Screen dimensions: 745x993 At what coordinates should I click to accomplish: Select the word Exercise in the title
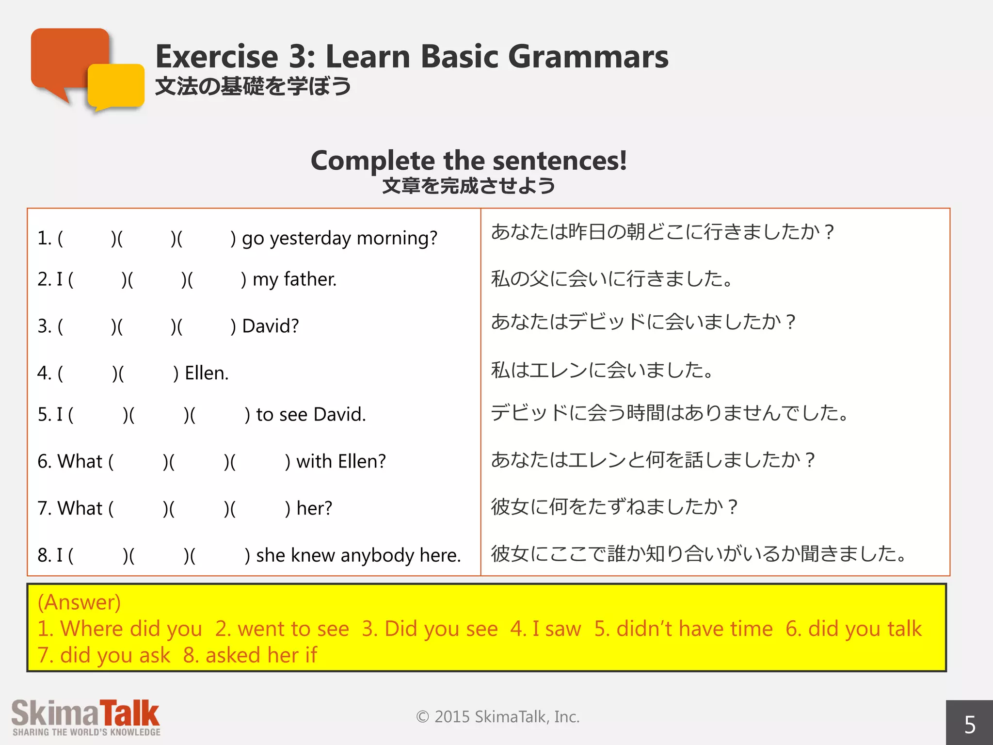tap(216, 57)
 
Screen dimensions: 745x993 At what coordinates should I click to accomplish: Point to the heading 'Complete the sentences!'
tap(468, 161)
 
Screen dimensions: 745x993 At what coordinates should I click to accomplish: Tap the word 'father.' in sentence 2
tap(310, 279)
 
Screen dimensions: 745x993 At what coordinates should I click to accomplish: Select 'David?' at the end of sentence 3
tap(270, 326)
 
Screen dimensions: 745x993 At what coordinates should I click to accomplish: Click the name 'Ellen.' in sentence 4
tap(207, 373)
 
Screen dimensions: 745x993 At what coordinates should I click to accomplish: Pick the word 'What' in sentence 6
tap(80, 461)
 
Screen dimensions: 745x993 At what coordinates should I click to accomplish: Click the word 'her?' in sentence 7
tap(314, 508)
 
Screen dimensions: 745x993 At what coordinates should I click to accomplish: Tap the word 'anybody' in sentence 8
tap(377, 555)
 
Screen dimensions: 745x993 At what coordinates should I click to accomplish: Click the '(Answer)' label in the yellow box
tap(79, 602)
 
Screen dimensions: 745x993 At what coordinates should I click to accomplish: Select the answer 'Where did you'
tap(131, 629)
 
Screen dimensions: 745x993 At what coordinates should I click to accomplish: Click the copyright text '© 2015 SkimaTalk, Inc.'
tap(497, 717)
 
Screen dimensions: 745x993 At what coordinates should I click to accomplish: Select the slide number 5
tap(969, 725)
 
